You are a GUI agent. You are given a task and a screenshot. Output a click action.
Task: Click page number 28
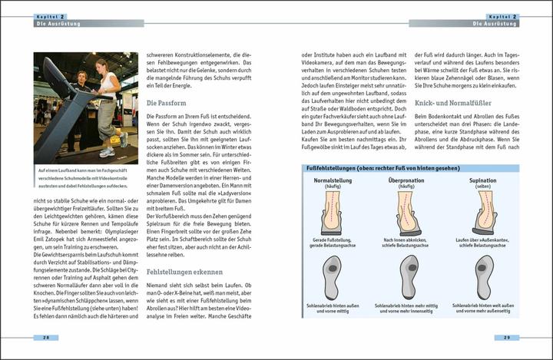pos(47,337)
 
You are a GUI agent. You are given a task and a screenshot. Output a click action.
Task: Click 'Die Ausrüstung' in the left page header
pos(55,23)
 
